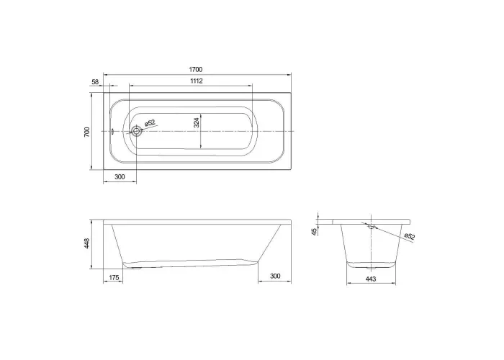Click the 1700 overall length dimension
(196, 69)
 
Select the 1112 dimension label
(197, 81)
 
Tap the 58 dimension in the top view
(95, 82)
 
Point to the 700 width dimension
(87, 132)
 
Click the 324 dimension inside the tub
(197, 122)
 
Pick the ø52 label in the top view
(150, 123)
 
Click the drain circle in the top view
(137, 131)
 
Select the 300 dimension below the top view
(120, 177)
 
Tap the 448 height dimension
(87, 243)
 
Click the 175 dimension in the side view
(114, 277)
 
